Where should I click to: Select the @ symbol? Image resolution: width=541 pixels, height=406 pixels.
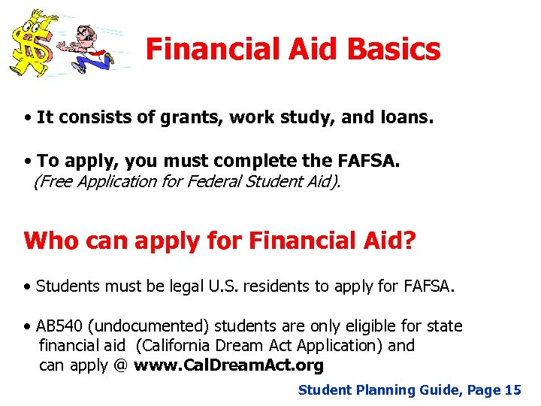point(121,365)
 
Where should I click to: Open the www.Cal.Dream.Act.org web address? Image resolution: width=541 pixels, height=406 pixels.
point(228,365)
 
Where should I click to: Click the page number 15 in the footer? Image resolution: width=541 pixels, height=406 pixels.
point(512,389)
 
